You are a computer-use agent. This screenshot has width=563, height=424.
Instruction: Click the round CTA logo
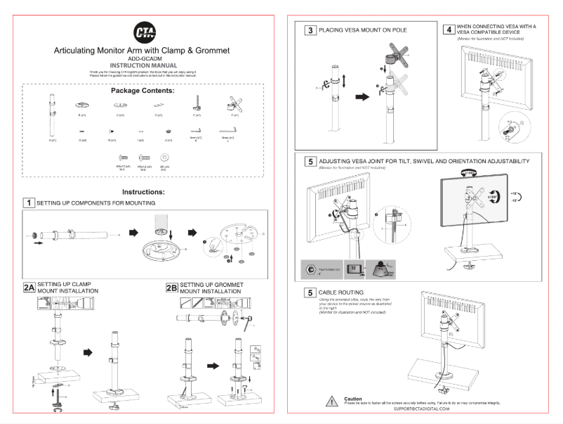[x=143, y=32]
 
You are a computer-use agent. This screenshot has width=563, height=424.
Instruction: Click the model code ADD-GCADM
[x=143, y=59]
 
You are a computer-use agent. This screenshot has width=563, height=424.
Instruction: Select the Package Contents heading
[x=143, y=91]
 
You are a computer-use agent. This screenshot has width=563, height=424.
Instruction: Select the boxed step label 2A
[x=29, y=288]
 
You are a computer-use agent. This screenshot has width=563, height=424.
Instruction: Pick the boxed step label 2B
[x=172, y=288]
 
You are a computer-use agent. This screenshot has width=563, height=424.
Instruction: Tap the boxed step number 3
[x=310, y=31]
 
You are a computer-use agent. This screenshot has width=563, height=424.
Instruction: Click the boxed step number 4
[x=449, y=30]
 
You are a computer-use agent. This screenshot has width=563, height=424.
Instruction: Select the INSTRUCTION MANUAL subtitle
[x=143, y=66]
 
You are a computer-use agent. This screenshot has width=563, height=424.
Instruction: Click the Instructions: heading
[x=143, y=191]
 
